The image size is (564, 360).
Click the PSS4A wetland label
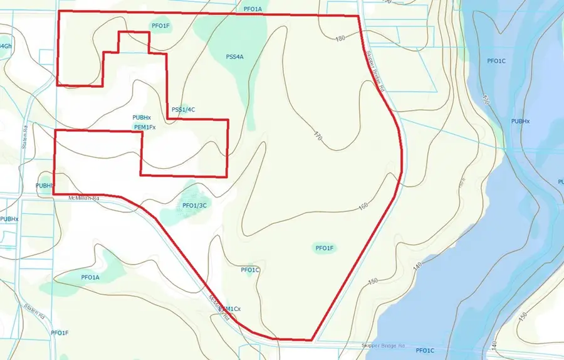(234, 57)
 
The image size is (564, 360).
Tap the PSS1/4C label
(184, 110)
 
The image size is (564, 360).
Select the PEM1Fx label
(145, 127)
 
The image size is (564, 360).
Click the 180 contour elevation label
(340, 39)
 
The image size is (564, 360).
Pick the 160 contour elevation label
(363, 207)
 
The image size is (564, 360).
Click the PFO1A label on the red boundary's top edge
(252, 9)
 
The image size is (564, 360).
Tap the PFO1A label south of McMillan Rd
(90, 277)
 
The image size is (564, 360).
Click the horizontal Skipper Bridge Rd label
(383, 346)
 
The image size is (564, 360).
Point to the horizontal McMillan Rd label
(85, 198)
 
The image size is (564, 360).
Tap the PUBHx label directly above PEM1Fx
(142, 118)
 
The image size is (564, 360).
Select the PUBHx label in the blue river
(520, 121)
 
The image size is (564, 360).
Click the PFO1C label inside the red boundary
(250, 270)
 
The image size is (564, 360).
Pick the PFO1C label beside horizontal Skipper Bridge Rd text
(424, 350)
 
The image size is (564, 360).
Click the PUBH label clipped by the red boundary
(44, 186)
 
